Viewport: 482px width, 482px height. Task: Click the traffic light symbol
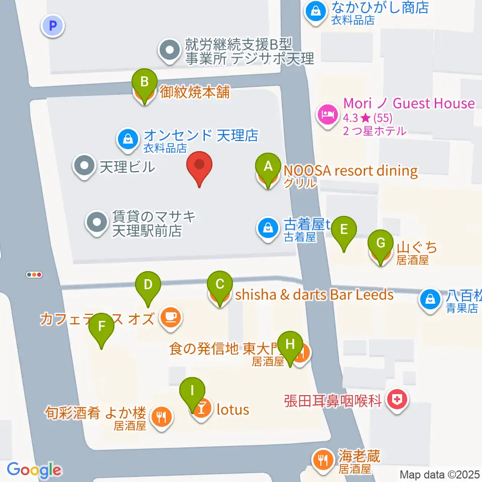(x=34, y=275)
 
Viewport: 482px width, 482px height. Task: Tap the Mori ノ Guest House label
(x=409, y=104)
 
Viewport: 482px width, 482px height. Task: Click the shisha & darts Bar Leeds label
(x=314, y=295)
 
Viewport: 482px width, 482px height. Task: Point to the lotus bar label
(x=232, y=410)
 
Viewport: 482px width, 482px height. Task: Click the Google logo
(x=34, y=470)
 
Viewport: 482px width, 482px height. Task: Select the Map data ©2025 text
(x=440, y=474)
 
